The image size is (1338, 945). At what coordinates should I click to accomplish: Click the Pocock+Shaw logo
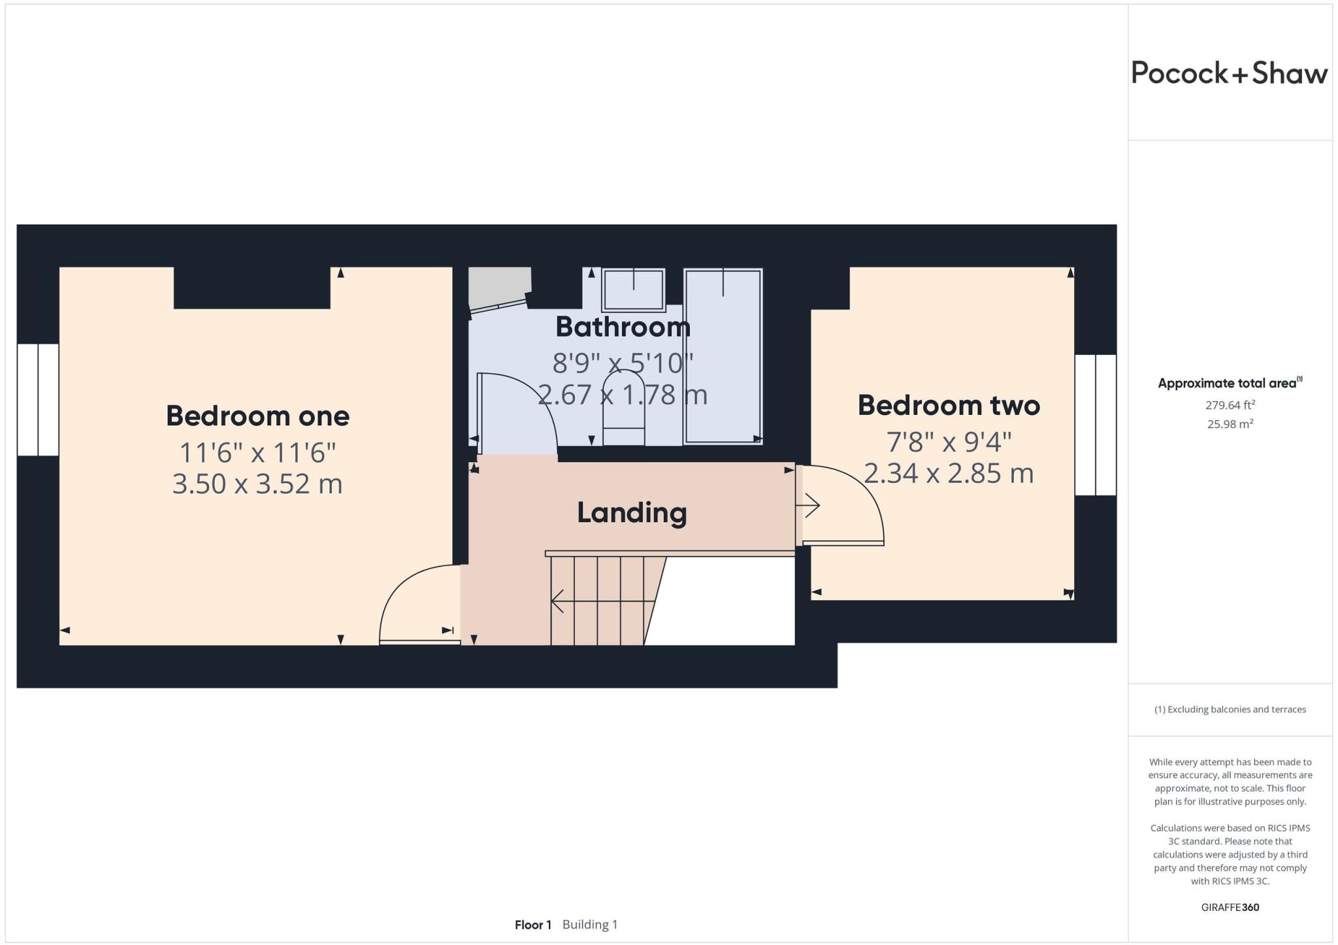(x=1229, y=73)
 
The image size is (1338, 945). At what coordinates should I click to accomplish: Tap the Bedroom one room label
(x=257, y=416)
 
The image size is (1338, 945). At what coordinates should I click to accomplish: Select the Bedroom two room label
(x=949, y=405)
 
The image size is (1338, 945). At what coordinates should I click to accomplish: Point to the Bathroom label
(x=623, y=327)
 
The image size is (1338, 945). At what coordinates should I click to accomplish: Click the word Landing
(x=632, y=512)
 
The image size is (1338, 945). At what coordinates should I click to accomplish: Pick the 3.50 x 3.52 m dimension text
(x=257, y=484)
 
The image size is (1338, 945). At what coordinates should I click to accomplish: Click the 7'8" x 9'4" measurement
(x=949, y=442)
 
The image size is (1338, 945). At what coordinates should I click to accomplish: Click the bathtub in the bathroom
(x=723, y=356)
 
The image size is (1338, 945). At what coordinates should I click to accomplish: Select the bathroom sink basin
(x=633, y=290)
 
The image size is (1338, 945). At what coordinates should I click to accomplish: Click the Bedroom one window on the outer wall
(x=38, y=399)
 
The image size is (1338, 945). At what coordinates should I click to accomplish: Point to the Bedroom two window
(x=1096, y=425)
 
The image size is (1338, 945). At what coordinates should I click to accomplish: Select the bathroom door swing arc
(x=523, y=405)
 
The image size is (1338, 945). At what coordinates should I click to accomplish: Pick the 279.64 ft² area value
(x=1230, y=405)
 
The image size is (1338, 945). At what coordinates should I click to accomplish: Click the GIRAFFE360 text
(x=1230, y=907)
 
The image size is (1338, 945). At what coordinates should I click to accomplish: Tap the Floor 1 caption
(x=532, y=925)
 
